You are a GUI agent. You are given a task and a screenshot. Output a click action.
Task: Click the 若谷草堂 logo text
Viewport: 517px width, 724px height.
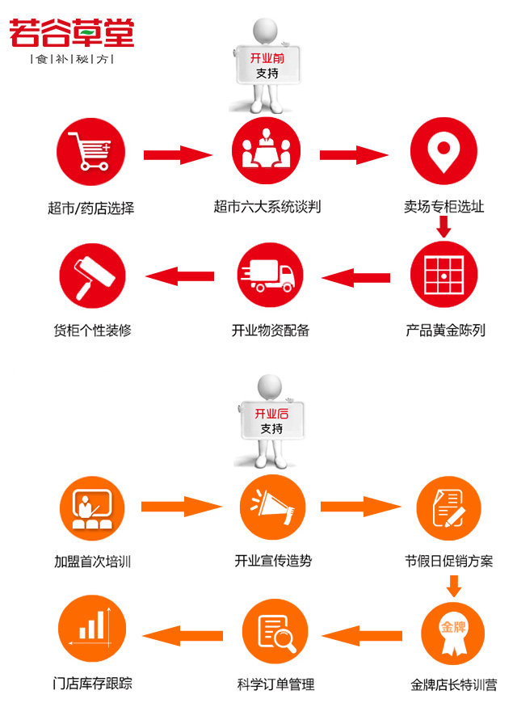tap(72, 33)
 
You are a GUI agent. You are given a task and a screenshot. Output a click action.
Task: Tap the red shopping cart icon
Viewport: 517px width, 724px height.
tap(91, 152)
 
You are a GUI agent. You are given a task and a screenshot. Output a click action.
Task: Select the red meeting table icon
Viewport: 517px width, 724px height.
tap(267, 151)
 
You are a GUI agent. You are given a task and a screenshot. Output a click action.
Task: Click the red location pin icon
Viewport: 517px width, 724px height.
tap(443, 151)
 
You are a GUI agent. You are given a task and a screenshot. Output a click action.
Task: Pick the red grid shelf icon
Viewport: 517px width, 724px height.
tap(443, 275)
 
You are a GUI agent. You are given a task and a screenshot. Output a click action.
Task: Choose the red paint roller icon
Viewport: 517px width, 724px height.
tap(92, 276)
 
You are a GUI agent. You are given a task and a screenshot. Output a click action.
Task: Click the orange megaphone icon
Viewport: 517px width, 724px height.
tap(273, 507)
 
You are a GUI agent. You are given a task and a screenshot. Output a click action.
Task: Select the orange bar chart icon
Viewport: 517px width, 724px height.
tap(92, 629)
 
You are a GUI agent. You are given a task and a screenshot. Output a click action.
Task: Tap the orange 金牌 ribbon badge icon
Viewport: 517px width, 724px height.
tap(453, 633)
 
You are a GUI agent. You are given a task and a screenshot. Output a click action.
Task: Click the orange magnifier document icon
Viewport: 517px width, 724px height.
tap(275, 631)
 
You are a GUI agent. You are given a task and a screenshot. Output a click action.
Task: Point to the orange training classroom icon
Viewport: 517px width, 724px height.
tap(92, 508)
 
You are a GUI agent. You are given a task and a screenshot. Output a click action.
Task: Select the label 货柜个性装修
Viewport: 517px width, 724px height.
tap(92, 330)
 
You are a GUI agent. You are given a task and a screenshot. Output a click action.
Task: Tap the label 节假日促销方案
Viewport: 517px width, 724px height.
tap(448, 561)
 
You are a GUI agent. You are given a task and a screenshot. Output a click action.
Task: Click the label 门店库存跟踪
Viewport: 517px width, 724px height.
tap(92, 683)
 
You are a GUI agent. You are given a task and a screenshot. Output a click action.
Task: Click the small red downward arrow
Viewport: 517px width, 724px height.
tap(443, 226)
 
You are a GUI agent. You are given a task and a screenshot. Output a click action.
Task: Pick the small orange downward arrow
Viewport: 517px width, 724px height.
tap(454, 586)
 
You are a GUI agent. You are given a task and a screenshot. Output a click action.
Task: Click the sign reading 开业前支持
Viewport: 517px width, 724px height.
tap(267, 65)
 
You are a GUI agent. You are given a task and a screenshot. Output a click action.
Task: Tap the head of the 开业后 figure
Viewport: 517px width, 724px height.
tap(270, 385)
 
